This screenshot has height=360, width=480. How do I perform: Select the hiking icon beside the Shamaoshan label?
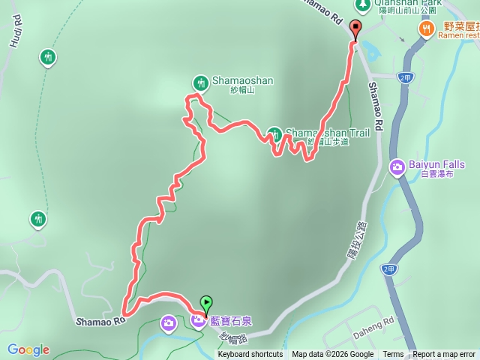point(199,82)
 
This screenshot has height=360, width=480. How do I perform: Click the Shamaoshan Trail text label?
point(328,133)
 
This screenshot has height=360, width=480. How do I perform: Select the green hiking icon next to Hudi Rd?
point(47,57)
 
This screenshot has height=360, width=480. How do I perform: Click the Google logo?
point(28,349)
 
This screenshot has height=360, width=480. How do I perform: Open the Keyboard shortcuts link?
point(250,354)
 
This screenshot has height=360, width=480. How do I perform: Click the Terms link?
point(393,354)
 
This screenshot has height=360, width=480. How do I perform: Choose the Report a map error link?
point(444,354)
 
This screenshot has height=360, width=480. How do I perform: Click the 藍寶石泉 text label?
point(231,322)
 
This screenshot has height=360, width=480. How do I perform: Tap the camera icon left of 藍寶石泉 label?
point(198,322)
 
